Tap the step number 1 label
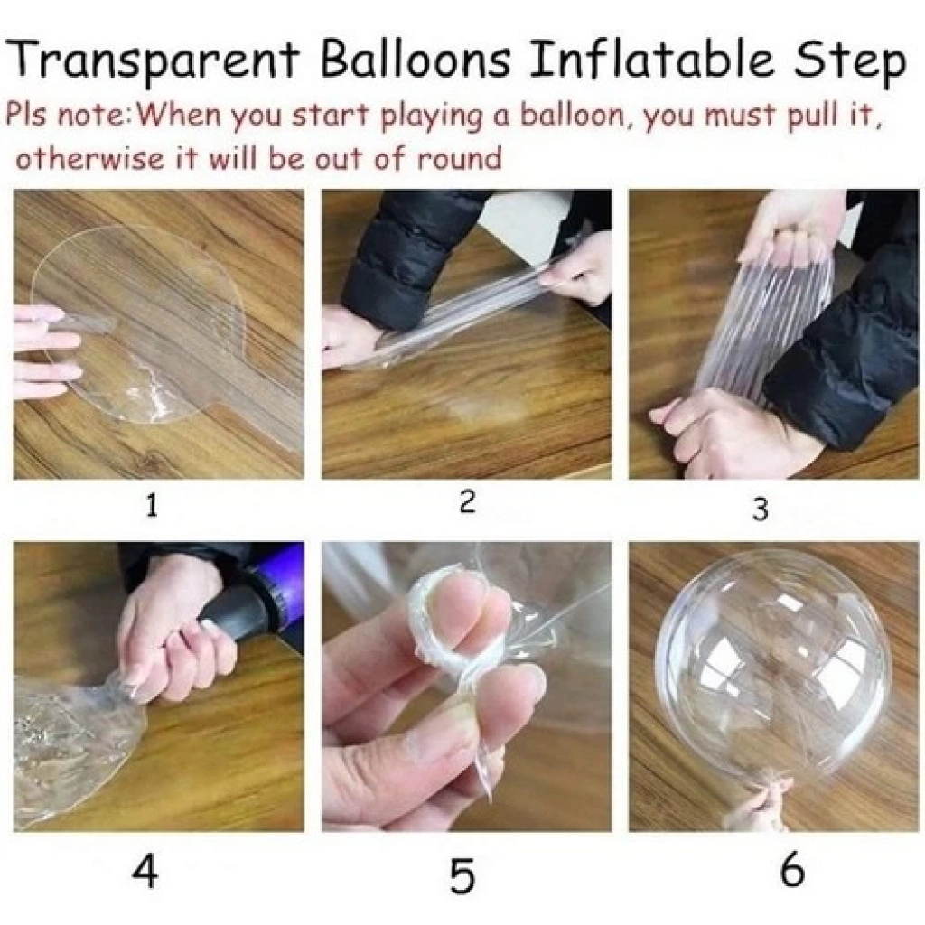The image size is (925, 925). [x=152, y=506]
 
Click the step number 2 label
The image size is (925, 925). [x=466, y=501]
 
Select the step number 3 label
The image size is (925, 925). [x=761, y=509]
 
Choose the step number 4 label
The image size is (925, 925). [x=145, y=870]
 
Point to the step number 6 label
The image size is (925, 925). [x=792, y=868]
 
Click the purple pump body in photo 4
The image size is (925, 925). [x=283, y=575]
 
